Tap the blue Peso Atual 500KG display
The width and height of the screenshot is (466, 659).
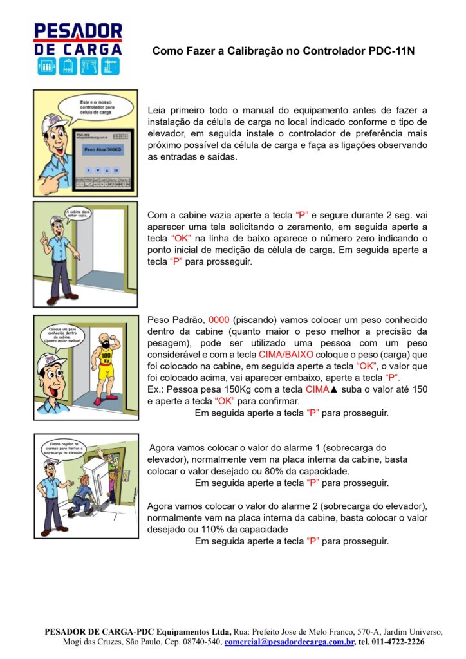tap(98, 147)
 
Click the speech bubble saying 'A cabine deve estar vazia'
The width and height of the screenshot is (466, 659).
tap(77, 213)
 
